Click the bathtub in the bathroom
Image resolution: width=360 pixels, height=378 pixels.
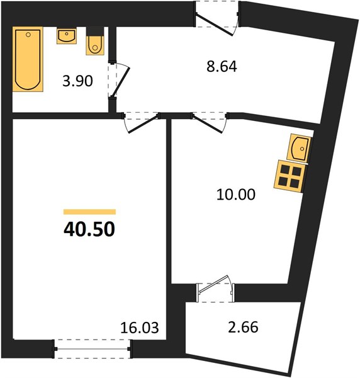pos(28,59)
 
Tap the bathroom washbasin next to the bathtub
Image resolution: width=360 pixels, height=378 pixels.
pos(67,36)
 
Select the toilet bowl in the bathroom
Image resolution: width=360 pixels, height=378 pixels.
pos(95,45)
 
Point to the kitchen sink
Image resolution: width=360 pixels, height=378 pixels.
pos(300,148)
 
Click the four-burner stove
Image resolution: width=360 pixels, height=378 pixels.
pos(290,176)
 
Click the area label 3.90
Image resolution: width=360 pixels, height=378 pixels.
pos(77,81)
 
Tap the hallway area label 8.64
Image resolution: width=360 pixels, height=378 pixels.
pos(222,67)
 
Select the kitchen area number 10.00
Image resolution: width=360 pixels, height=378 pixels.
pos(236,195)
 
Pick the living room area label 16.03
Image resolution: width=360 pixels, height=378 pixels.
pos(140,328)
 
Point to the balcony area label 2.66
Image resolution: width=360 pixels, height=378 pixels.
pos(243,327)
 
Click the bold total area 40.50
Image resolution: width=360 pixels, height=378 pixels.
pos(89,229)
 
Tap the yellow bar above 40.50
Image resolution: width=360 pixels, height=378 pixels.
pos(89,212)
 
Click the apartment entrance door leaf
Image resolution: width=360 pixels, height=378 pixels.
pos(214,25)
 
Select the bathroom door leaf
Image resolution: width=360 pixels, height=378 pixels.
pos(121,82)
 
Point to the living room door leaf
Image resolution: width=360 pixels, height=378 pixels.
pos(143,125)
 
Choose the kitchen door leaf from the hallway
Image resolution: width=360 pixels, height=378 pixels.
pos(207,125)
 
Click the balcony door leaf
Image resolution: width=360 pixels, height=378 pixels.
pos(213,285)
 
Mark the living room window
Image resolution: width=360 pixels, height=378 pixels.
pos(93,349)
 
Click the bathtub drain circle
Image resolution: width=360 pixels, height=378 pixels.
pos(28,35)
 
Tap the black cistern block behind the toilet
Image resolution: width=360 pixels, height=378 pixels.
pos(95,31)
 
